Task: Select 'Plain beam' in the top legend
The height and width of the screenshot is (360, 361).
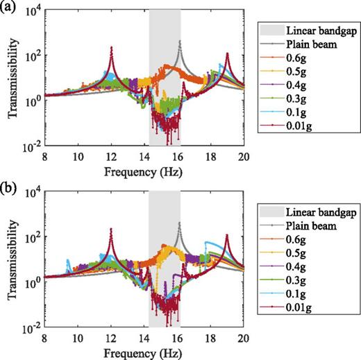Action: [306, 44]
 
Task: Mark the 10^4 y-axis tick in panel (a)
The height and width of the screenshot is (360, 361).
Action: [31, 11]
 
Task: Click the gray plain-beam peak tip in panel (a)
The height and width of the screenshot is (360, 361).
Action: [179, 41]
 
